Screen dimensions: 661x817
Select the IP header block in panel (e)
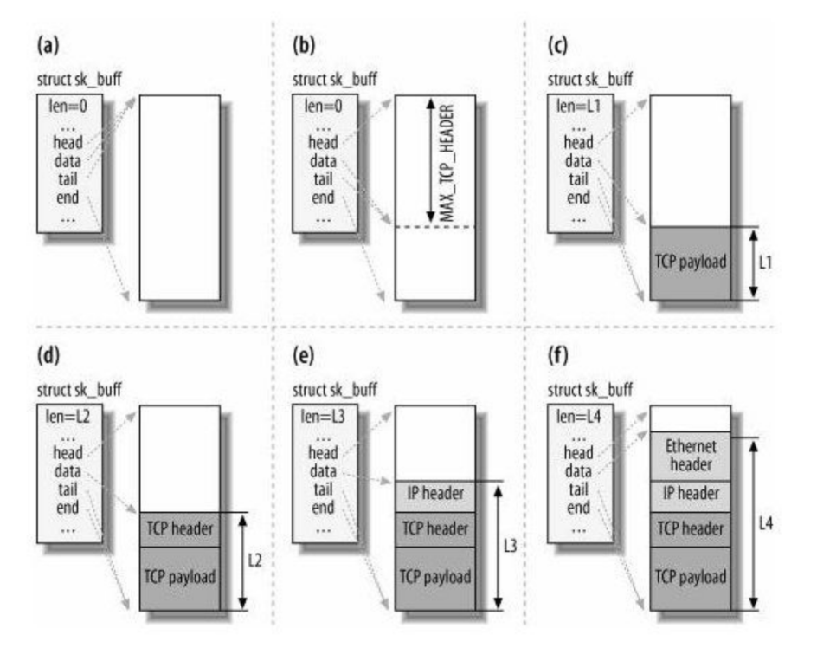coord(434,496)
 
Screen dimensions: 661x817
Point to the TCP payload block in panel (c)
coord(690,262)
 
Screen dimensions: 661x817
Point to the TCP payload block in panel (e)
coord(434,576)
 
